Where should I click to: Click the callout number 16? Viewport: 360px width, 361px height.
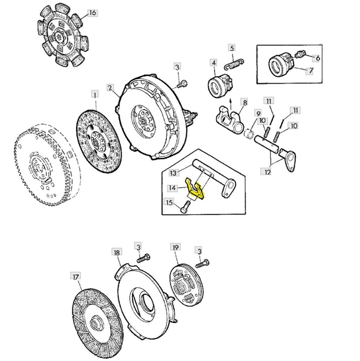92,13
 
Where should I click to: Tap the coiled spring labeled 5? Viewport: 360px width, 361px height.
234,64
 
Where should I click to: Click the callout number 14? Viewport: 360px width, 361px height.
173,188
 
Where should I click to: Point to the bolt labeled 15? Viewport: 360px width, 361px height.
185,207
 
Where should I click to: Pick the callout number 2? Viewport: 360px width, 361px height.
110,88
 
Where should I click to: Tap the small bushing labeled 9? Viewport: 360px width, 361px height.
248,134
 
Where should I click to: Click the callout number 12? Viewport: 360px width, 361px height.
267,172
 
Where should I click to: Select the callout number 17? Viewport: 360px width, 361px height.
76,277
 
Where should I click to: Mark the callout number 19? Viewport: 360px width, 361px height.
176,247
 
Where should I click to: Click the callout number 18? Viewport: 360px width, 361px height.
117,252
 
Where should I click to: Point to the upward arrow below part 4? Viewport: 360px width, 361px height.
231,104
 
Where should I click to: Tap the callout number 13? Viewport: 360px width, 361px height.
174,173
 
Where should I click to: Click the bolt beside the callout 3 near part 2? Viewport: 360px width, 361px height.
182,84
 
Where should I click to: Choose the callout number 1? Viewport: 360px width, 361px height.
95,94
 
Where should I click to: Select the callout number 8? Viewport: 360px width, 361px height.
245,102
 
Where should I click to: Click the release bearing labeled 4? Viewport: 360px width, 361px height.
221,85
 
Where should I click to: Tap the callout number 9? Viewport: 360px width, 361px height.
258,113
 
